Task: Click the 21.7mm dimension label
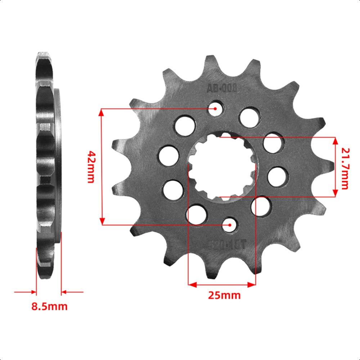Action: pos(345,167)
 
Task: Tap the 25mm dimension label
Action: pos(224,296)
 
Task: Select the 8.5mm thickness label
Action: pos(49,307)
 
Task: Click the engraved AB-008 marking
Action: pos(221,89)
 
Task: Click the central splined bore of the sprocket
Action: pos(222,167)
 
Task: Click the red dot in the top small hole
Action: pos(215,108)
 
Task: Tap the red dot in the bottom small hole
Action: pos(229,225)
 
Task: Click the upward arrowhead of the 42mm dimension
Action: pos(102,112)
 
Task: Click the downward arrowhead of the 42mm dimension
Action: pos(102,220)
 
